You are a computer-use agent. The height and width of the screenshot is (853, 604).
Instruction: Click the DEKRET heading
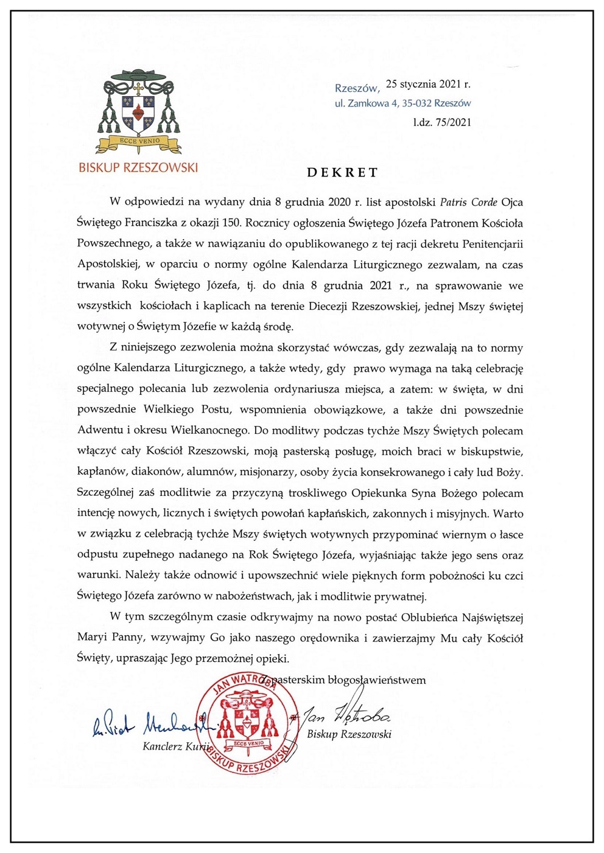click(342, 172)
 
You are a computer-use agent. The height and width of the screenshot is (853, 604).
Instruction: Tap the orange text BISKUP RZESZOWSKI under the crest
click(138, 167)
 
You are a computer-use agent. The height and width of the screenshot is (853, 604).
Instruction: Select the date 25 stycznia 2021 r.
click(428, 84)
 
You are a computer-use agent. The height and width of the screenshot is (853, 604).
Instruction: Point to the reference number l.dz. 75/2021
click(442, 122)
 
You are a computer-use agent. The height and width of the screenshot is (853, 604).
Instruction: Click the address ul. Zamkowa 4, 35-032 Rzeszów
click(402, 103)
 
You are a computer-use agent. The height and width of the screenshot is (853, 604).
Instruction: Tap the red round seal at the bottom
click(248, 723)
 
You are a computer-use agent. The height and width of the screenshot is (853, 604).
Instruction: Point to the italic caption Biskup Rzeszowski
click(349, 734)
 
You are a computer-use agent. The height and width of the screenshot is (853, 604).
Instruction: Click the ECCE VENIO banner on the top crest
click(139, 141)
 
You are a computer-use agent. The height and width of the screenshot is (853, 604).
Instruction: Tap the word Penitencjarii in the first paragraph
click(484, 243)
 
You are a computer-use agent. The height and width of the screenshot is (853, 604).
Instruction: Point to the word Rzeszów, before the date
click(357, 88)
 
